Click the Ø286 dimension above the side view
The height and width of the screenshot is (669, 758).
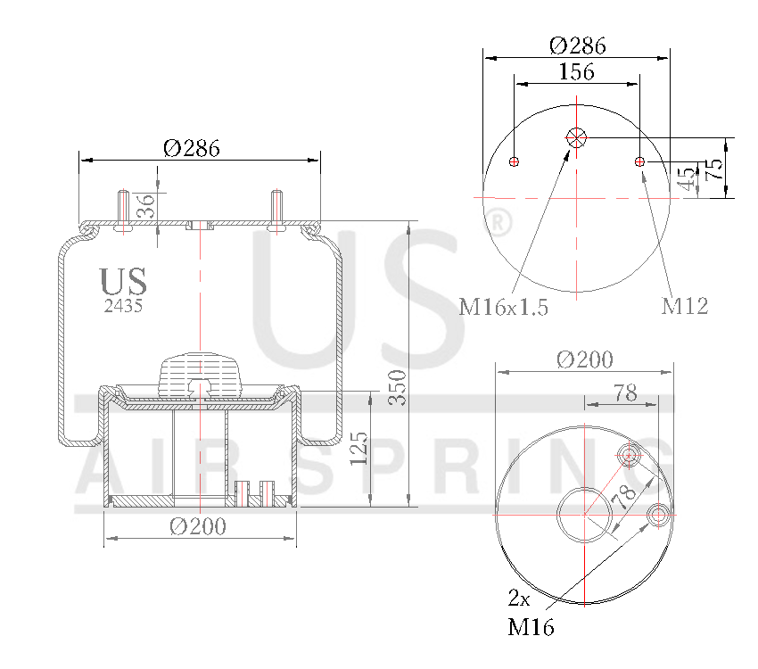pyautogui.click(x=192, y=149)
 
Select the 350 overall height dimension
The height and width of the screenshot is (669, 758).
pyautogui.click(x=400, y=386)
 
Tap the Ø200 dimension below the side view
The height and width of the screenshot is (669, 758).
pyautogui.click(x=198, y=527)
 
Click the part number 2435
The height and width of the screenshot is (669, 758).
pyautogui.click(x=123, y=305)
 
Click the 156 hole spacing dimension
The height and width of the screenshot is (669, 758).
pyautogui.click(x=576, y=72)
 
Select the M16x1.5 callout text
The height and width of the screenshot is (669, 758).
pyautogui.click(x=503, y=309)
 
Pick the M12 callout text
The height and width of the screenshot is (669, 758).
pyautogui.click(x=684, y=307)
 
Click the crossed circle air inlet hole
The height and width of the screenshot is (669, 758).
pyautogui.click(x=576, y=137)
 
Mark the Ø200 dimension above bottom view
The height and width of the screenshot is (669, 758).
pyautogui.click(x=584, y=359)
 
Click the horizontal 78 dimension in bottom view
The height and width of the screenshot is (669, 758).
pyautogui.click(x=625, y=392)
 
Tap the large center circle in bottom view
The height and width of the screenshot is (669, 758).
pyautogui.click(x=585, y=514)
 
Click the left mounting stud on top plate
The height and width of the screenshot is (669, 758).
pyautogui.click(x=123, y=211)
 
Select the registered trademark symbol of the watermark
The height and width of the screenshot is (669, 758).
pyautogui.click(x=501, y=222)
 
